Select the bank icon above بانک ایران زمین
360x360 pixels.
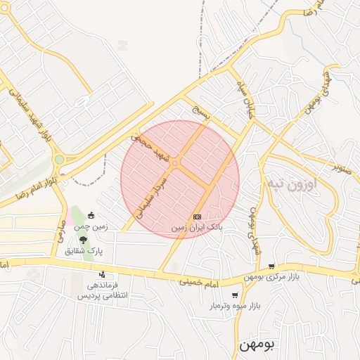tap(197, 217)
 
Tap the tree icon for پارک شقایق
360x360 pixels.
tap(84, 239)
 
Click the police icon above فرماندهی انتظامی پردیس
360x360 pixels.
tap(103, 274)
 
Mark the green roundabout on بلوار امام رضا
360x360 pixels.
tap(60, 160)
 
